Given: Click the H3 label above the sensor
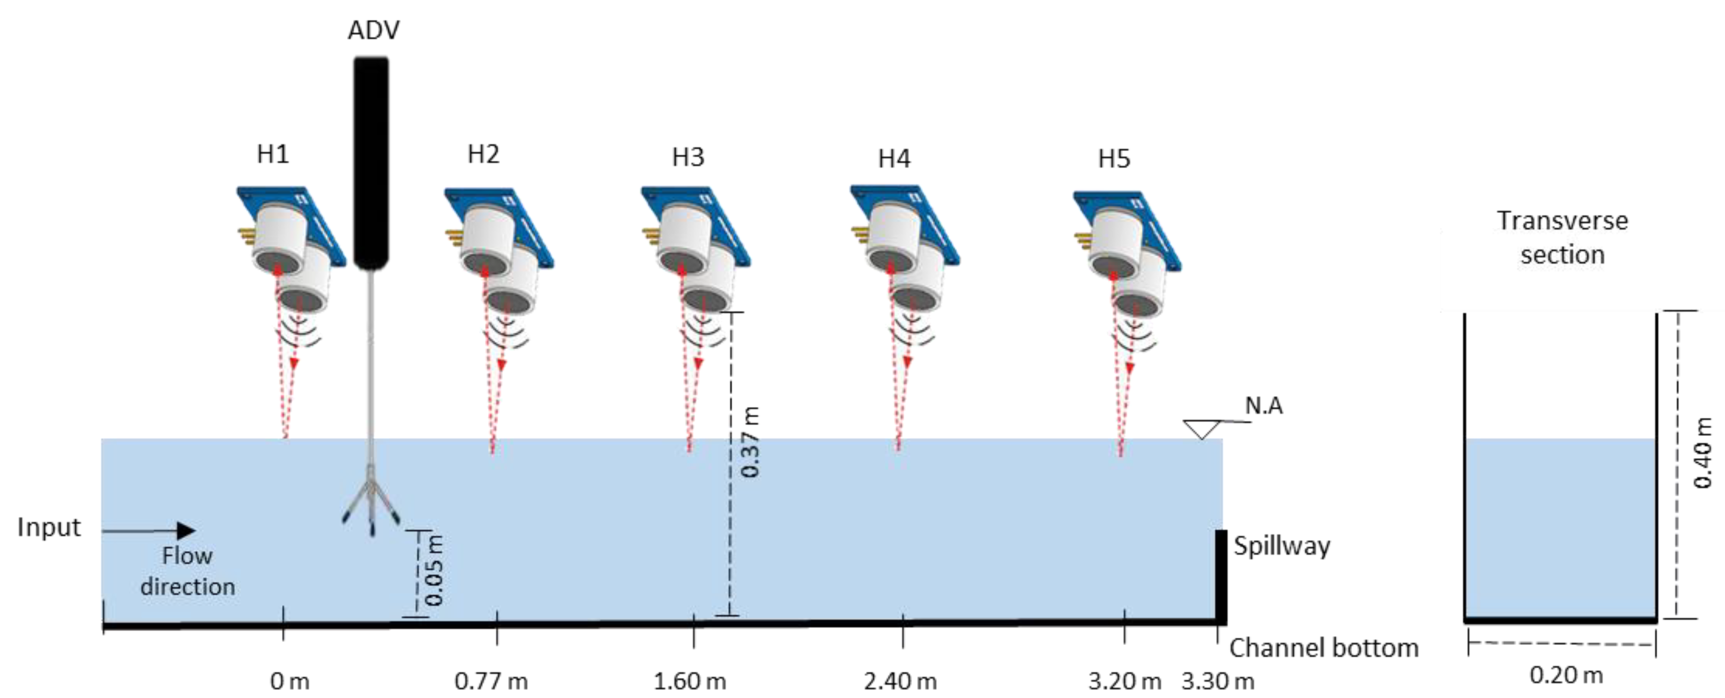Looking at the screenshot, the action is [688, 157].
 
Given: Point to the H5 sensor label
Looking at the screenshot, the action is [1114, 159].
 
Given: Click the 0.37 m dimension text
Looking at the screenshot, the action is [751, 442].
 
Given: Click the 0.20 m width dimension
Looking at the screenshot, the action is [1566, 675].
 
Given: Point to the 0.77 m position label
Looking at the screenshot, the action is [491, 681].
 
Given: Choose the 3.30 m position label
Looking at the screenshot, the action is [1217, 681].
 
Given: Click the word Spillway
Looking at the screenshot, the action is [1281, 546].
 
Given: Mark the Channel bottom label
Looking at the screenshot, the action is [1323, 648].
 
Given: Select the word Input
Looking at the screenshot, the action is [49, 527].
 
